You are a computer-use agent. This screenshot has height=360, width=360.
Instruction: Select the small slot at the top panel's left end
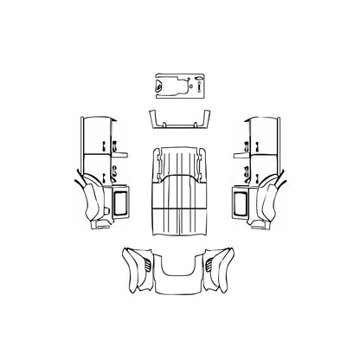[157, 85]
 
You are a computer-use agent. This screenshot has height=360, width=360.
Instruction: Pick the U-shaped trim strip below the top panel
[179, 120]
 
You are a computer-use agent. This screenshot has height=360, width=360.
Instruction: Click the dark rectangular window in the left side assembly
[119, 203]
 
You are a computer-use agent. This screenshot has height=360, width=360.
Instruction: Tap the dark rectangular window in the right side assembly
[240, 203]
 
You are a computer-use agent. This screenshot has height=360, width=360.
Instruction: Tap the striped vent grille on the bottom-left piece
[145, 258]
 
